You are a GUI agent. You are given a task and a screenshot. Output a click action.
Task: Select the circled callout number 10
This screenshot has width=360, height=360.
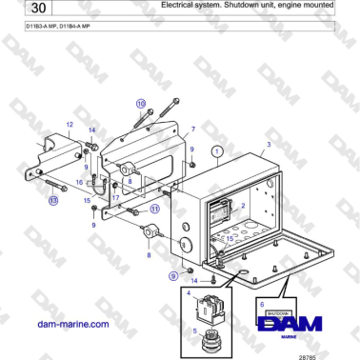point(140,103)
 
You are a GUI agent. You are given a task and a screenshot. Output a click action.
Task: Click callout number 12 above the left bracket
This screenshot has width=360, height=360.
point(69,125)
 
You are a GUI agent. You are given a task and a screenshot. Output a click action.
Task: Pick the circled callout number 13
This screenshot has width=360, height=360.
point(52,201)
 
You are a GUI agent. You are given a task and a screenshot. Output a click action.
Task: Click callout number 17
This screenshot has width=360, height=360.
point(114,198)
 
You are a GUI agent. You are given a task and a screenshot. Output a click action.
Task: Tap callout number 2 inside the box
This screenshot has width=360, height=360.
point(244,204)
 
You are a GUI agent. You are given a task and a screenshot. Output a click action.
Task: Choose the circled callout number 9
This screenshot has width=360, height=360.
point(173,274)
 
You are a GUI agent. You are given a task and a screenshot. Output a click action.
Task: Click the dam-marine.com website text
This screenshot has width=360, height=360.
point(71,324)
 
